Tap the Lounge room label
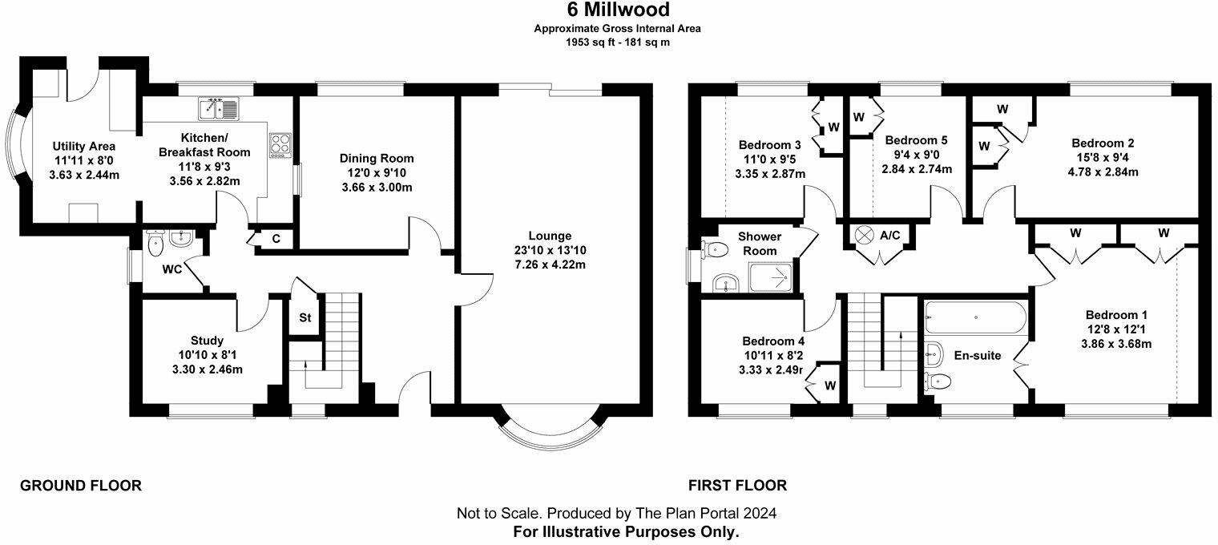coord(549,236)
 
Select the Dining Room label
coord(375,158)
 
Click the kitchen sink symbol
coord(219,107)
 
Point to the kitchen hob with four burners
coord(281,146)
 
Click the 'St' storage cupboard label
coord(305,317)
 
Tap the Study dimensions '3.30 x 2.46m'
coord(208,369)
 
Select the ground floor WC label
coord(171,269)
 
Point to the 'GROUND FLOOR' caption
coord(80,485)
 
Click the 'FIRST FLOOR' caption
coord(737,485)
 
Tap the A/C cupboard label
coord(890,236)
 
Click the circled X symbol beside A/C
coord(864,235)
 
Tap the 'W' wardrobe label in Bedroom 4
coord(830,386)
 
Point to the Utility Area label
coord(84,146)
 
